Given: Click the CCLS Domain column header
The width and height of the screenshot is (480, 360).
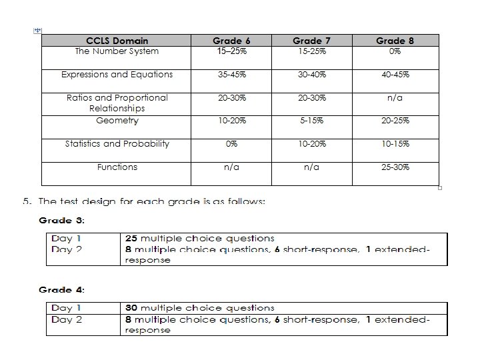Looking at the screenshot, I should (117, 41).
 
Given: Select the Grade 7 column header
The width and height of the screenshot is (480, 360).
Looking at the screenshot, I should (311, 41).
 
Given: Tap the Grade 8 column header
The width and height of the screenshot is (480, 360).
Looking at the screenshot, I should (395, 41).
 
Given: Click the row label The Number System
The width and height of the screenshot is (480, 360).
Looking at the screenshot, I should (117, 51).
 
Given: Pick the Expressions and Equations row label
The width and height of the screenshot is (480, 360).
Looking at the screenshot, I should (117, 75).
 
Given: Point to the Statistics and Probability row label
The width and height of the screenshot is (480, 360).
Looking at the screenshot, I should (117, 144).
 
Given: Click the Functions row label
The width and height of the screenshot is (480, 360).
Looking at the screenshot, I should (117, 167).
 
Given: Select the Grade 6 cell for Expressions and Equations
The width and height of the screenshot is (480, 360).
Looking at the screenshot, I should (231, 75).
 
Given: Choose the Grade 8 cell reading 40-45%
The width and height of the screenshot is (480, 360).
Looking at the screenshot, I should (395, 75).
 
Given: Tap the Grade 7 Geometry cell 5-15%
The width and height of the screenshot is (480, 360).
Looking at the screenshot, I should (311, 121).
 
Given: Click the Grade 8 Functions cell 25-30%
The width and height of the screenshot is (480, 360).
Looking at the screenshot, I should (395, 167).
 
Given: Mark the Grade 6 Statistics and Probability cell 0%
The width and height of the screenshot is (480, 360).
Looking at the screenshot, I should (231, 144).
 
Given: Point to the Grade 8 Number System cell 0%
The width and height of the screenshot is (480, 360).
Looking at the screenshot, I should (395, 51).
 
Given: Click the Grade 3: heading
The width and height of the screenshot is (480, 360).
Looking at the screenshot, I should (62, 220).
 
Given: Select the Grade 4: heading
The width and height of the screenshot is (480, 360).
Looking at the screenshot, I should (62, 290).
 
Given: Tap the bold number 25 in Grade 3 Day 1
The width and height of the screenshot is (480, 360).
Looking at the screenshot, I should (131, 238).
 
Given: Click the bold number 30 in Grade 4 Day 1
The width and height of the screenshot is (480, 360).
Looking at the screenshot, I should (131, 308).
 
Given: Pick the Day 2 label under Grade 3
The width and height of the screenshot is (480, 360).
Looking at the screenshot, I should (67, 249).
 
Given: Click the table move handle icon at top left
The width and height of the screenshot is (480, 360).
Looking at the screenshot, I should (37, 31).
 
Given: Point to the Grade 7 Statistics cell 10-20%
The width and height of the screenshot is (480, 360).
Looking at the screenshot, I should (311, 144).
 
